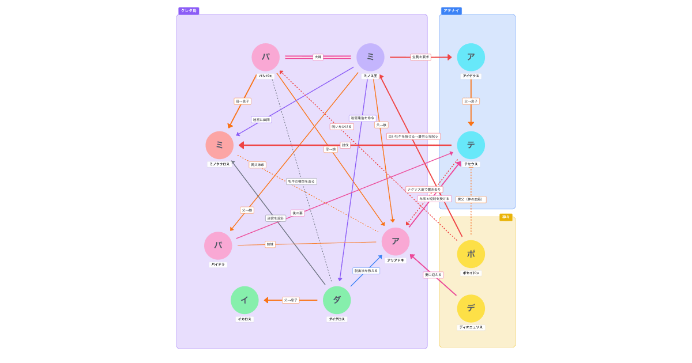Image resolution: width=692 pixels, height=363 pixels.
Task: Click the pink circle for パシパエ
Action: (265, 57)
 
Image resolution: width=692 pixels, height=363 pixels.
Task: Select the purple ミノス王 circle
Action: (370, 57)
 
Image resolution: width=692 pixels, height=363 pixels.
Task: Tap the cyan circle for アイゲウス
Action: (471, 57)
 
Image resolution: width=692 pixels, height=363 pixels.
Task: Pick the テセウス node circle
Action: (471, 145)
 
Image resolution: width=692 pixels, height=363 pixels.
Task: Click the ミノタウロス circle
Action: (219, 145)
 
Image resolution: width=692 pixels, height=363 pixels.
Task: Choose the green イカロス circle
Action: (245, 300)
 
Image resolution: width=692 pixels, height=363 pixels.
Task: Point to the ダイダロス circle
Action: (337, 300)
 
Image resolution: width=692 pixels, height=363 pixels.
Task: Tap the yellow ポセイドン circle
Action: (471, 254)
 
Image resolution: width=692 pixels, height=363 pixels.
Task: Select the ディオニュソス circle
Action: (471, 308)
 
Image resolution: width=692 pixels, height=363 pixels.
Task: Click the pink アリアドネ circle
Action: (396, 241)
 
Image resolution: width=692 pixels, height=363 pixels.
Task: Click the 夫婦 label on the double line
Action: (318, 57)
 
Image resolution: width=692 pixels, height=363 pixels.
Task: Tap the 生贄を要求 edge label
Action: (420, 57)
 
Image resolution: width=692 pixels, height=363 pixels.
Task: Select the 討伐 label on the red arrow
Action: (345, 145)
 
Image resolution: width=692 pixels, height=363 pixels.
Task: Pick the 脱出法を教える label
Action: (366, 271)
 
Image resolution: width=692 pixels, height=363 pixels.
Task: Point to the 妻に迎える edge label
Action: (433, 275)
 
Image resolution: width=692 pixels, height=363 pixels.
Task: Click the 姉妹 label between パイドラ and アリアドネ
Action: (270, 244)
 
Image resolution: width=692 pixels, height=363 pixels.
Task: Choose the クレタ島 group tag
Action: (189, 11)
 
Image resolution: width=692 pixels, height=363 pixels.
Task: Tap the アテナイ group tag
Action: (451, 11)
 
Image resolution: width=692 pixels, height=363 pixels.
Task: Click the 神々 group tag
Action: (506, 217)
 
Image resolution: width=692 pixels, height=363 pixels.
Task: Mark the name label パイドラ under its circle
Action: (218, 264)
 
